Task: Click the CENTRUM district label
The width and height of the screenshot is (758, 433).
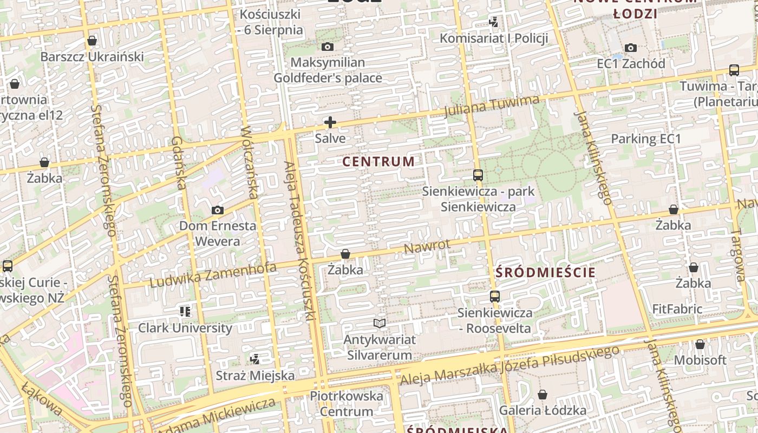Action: pos(379,161)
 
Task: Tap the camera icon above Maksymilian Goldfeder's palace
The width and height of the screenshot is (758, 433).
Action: pos(328,47)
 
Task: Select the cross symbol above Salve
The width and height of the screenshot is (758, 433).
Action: pos(330,123)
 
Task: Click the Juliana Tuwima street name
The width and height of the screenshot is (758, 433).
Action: pos(491,106)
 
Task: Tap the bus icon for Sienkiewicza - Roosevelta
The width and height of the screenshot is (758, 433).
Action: pos(495,297)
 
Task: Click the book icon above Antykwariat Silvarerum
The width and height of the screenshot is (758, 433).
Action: pos(380,324)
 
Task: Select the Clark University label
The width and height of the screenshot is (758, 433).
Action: pos(185,328)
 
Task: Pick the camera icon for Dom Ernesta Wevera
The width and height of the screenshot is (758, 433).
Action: pos(217,210)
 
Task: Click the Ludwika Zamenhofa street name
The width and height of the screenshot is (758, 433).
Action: pos(213,275)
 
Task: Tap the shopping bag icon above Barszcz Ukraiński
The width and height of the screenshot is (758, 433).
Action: pos(92,41)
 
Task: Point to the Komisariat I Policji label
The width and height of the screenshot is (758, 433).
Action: pos(494,38)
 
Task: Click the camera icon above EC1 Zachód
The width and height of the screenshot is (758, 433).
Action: pos(631,48)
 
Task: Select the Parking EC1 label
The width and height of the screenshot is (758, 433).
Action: pos(646,139)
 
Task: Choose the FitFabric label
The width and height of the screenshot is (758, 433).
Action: pos(677,310)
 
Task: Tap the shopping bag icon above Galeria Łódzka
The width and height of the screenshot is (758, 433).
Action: pos(543,395)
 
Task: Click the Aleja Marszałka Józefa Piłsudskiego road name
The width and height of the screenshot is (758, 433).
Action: pos(509,366)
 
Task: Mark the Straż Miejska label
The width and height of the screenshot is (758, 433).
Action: pos(256,375)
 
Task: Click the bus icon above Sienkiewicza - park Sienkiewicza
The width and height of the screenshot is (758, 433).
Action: pos(478,175)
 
